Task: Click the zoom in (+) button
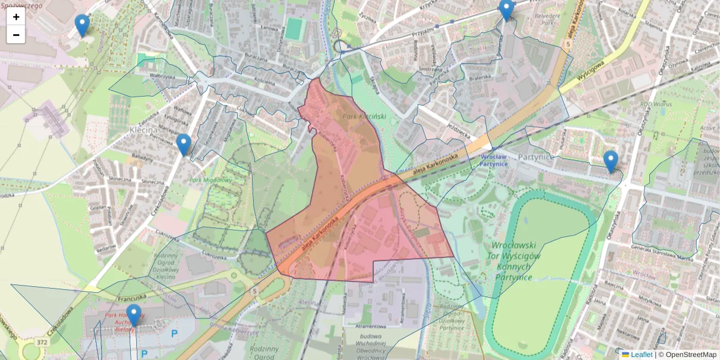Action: click(x=16, y=17)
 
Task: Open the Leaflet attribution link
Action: click(x=641, y=355)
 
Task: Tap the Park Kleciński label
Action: click(x=364, y=116)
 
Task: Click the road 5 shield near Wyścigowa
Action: click(x=568, y=44)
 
